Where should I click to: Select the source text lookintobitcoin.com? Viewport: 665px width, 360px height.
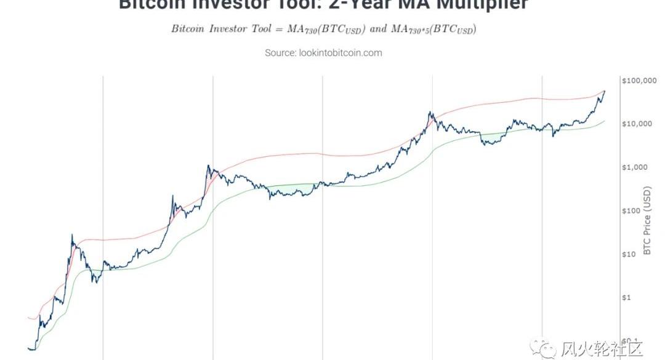[x=340, y=53]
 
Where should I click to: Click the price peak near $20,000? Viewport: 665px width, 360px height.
[x=430, y=113]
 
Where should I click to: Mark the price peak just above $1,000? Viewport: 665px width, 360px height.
[x=208, y=166]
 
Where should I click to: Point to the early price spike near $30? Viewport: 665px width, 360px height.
[x=72, y=234]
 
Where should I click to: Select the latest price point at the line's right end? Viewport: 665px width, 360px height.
[x=604, y=91]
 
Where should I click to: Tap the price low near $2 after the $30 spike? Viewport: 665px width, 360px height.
[x=94, y=282]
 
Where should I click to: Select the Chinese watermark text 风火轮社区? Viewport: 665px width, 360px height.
[x=602, y=350]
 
